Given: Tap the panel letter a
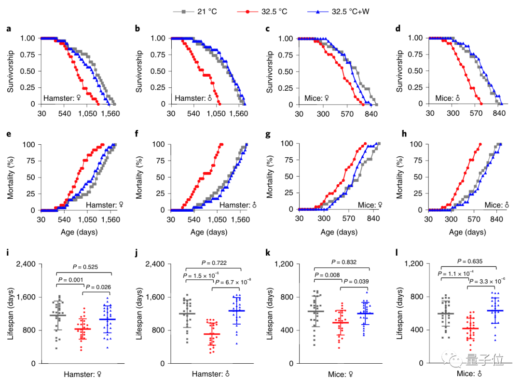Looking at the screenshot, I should click(x=9, y=28).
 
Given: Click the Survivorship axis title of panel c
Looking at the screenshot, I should click(x=271, y=71).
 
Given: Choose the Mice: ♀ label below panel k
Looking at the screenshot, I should click(x=341, y=373).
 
